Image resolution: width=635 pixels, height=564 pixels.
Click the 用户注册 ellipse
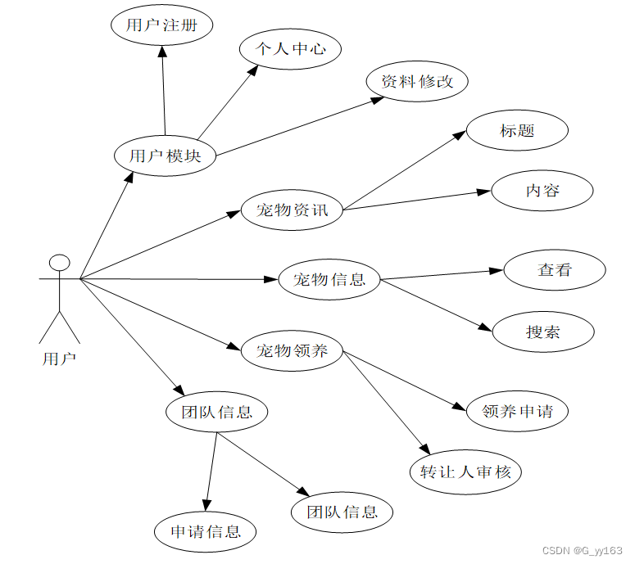coord(161,25)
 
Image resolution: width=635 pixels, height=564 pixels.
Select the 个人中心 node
coord(290,49)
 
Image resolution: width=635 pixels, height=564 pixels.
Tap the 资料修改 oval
coord(417,82)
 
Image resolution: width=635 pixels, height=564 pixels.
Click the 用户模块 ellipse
coord(165,155)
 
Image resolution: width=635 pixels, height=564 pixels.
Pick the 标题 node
coord(517,131)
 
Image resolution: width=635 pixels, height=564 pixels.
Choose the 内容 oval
coord(542,192)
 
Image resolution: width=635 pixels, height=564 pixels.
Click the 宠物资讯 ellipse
coord(292,210)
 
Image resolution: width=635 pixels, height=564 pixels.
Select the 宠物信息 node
coord(329,280)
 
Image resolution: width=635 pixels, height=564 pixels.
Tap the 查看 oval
coord(555,270)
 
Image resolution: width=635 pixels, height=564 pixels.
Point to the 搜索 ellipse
coord(543,332)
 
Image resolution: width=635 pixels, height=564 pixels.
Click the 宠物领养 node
coord(292,351)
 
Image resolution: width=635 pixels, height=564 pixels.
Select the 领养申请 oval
coord(517,411)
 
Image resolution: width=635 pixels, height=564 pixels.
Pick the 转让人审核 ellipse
coord(465,472)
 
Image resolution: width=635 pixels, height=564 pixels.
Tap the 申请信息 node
coord(206,532)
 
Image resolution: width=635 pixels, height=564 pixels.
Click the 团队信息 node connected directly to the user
coord(216,412)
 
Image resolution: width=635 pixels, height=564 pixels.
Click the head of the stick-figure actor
coord(59,263)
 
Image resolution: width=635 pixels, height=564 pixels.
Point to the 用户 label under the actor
coord(59,359)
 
